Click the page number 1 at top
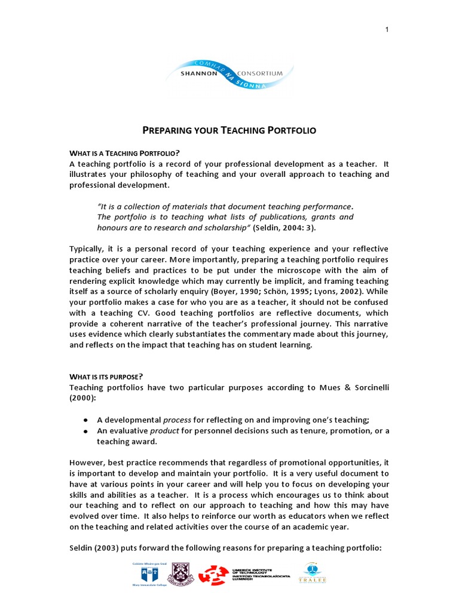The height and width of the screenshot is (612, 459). click(x=387, y=30)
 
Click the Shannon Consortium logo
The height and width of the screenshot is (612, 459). click(x=229, y=74)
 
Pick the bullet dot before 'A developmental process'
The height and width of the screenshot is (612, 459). click(x=87, y=420)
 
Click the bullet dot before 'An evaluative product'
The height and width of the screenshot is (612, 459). click(x=87, y=431)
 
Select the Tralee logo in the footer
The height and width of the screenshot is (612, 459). click(x=310, y=575)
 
